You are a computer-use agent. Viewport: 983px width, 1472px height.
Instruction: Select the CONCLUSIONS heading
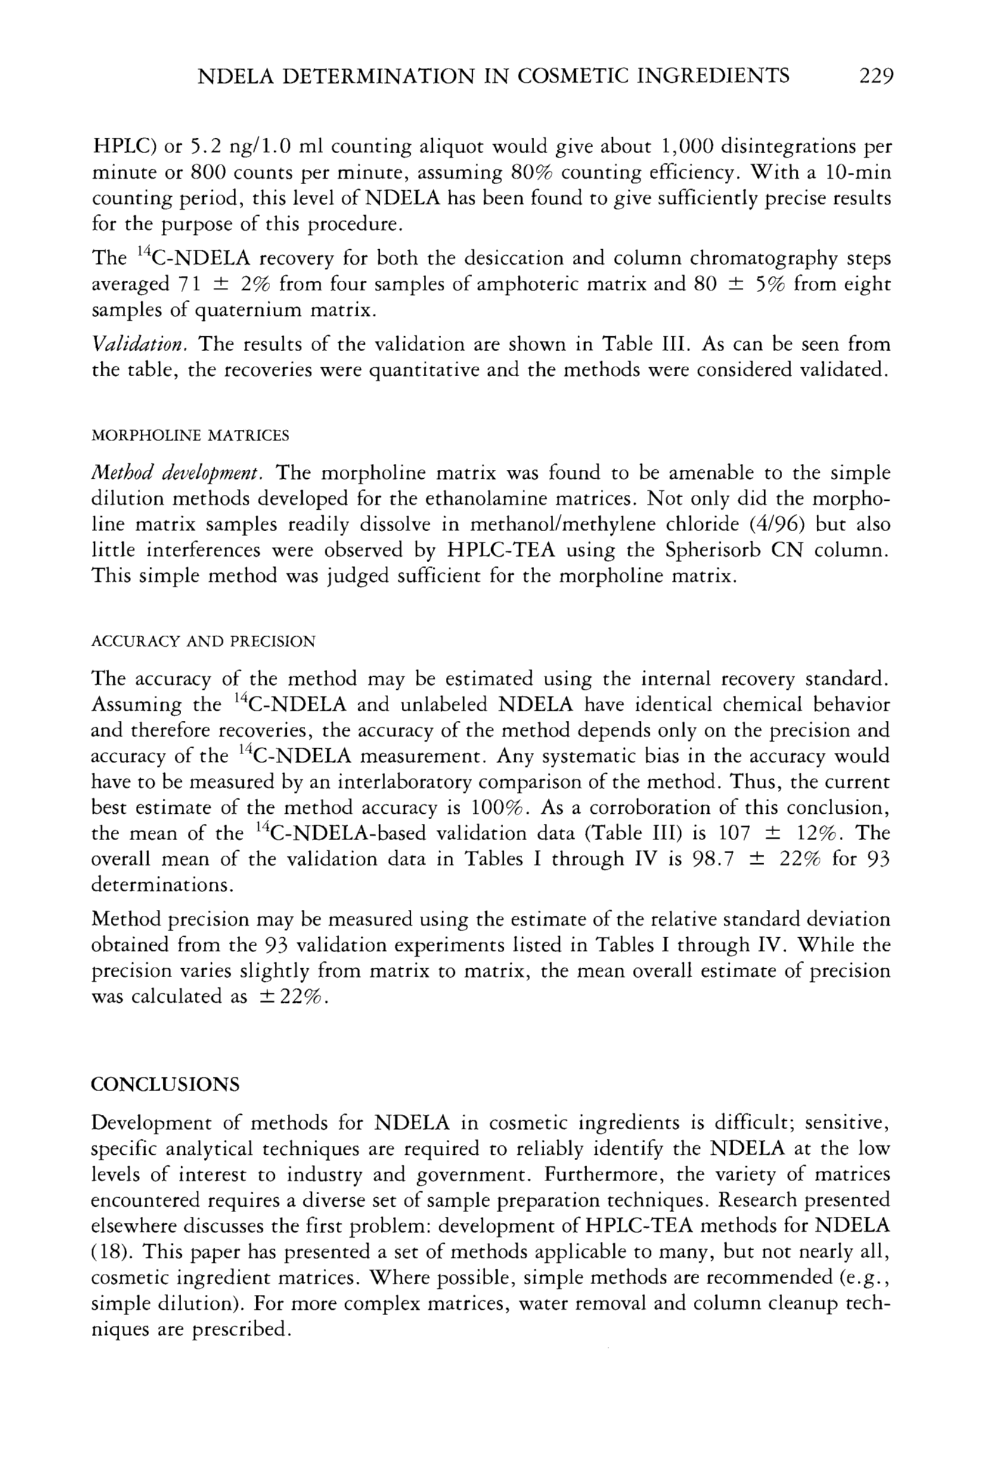click(x=166, y=1084)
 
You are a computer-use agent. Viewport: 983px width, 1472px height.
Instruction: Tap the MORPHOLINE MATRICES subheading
click(x=191, y=436)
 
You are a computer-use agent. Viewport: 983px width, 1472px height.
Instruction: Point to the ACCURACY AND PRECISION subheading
click(x=204, y=642)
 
